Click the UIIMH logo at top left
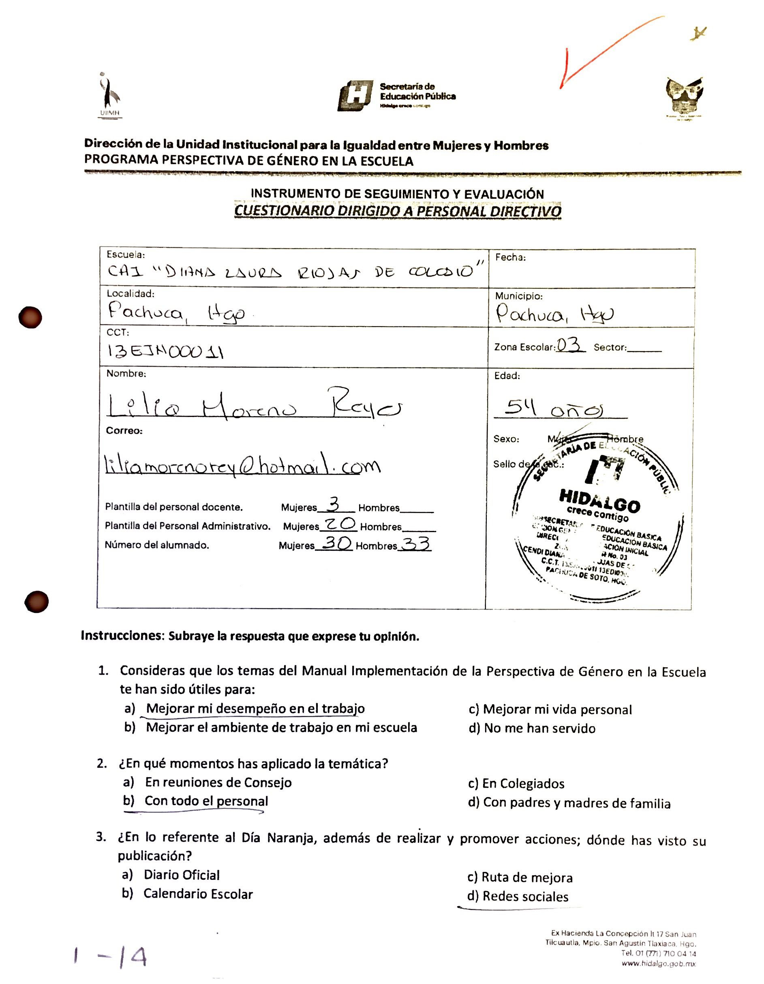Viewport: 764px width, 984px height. (109, 95)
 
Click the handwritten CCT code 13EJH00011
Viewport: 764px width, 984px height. (165, 351)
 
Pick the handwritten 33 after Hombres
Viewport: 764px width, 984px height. (415, 544)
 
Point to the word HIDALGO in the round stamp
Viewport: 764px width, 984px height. (599, 500)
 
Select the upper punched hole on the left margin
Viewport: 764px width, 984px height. (30, 317)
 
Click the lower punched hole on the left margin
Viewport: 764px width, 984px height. (36, 602)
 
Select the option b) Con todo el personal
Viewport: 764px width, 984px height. (196, 801)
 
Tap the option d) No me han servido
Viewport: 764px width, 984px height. (532, 728)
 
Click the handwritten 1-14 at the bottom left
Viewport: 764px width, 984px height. (110, 956)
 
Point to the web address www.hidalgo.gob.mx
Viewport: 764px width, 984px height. (658, 964)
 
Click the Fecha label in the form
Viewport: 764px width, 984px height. (510, 257)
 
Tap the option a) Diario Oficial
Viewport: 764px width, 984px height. (171, 875)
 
